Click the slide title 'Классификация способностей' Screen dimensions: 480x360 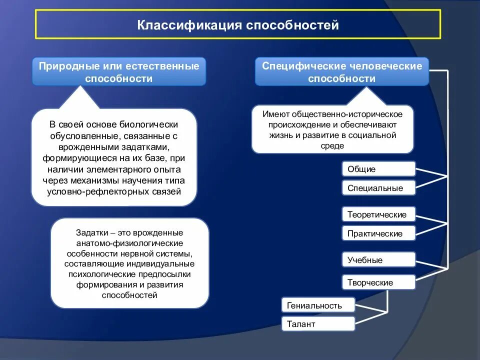pyautogui.click(x=238, y=24)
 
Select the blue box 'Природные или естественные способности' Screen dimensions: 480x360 pyautogui.click(x=119, y=72)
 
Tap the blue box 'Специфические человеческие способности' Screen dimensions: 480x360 pyautogui.click(x=342, y=72)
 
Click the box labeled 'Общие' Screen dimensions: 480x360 pyautogui.click(x=378, y=169)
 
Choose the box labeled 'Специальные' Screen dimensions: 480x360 pyautogui.click(x=378, y=188)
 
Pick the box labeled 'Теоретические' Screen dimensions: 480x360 pyautogui.click(x=378, y=214)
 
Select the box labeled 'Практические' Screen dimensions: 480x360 pyautogui.click(x=378, y=233)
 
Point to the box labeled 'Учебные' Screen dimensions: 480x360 pyautogui.click(x=378, y=260)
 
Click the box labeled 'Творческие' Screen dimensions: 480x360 pyautogui.click(x=378, y=282)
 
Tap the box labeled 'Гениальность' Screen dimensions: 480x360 pyautogui.click(x=318, y=305)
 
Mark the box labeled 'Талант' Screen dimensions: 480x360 pyautogui.click(x=318, y=324)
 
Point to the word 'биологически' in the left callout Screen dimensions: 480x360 pyautogui.click(x=155, y=124)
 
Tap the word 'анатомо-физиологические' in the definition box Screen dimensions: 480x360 pyautogui.click(x=129, y=243)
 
